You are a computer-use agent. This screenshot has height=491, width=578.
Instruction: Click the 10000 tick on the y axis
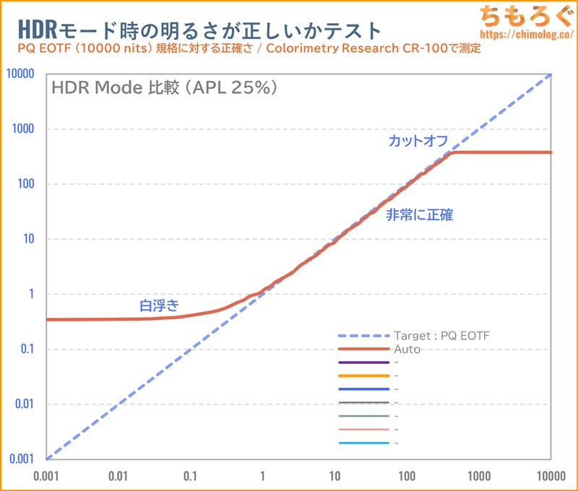pyautogui.click(x=22, y=74)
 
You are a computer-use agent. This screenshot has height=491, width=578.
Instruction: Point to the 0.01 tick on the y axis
pyautogui.click(x=27, y=404)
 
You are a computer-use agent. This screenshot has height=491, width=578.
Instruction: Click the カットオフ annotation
pyautogui.click(x=418, y=141)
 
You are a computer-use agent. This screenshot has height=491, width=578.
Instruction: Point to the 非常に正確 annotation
pyautogui.click(x=420, y=214)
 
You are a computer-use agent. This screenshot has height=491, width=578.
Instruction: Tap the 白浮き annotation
pyautogui.click(x=159, y=306)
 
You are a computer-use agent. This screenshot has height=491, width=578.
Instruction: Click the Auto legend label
pyautogui.click(x=407, y=349)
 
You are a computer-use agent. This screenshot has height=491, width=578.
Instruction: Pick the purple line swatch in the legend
pyautogui.click(x=363, y=362)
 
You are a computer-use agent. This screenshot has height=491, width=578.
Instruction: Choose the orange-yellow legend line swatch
pyautogui.click(x=363, y=376)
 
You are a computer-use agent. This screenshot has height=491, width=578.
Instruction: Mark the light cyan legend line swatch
pyautogui.click(x=363, y=443)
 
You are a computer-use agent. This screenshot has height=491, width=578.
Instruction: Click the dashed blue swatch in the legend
pyautogui.click(x=363, y=336)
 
